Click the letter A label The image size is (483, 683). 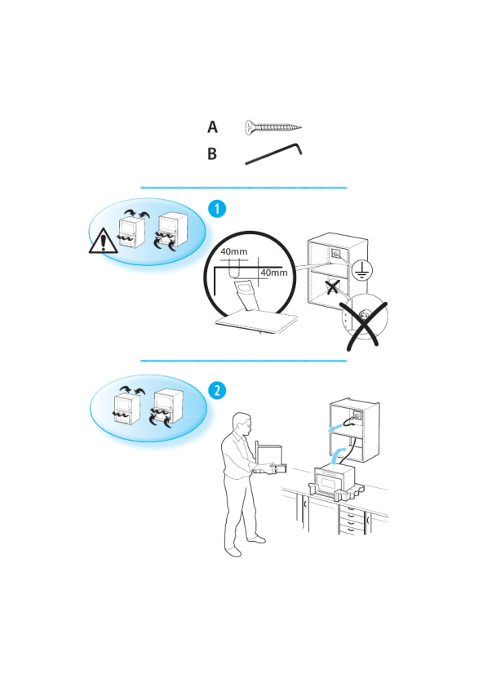[x=212, y=126]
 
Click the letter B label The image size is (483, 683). [x=212, y=153]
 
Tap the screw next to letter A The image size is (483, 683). [x=273, y=127]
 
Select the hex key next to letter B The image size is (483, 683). [x=274, y=153]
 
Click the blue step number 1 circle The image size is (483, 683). [x=217, y=209]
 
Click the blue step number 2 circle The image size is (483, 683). [x=217, y=390]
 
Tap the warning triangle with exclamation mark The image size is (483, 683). [x=104, y=240]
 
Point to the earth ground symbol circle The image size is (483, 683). [x=362, y=270]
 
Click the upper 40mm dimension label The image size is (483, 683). [x=234, y=252]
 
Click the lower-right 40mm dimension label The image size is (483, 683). [x=274, y=273]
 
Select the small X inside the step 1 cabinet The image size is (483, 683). [x=332, y=286]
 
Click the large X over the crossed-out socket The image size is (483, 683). [x=363, y=325]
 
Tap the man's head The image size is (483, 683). [x=242, y=424]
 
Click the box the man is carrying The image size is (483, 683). [x=270, y=459]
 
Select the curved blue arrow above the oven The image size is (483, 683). [x=339, y=455]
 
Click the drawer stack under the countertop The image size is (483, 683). [x=351, y=520]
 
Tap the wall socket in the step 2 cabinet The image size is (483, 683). [x=357, y=416]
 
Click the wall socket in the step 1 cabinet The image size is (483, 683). [x=336, y=253]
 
